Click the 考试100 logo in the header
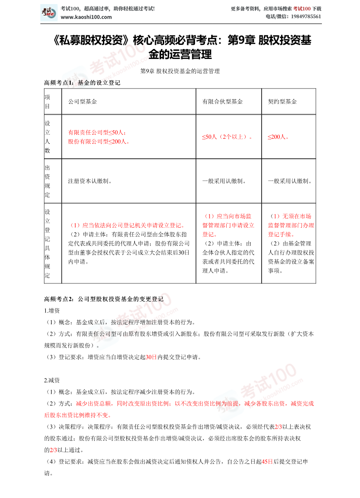(49, 12)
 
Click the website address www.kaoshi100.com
(86, 17)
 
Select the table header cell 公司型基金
(82, 102)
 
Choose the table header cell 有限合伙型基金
(222, 102)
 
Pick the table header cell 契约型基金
(282, 102)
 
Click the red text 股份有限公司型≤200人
(98, 141)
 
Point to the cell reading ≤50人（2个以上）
(228, 137)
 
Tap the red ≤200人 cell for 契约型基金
(278, 137)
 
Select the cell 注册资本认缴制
(90, 181)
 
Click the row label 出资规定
(47, 181)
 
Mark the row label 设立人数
(47, 137)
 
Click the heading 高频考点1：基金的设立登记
(82, 83)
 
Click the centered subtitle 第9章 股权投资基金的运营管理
(180, 71)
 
